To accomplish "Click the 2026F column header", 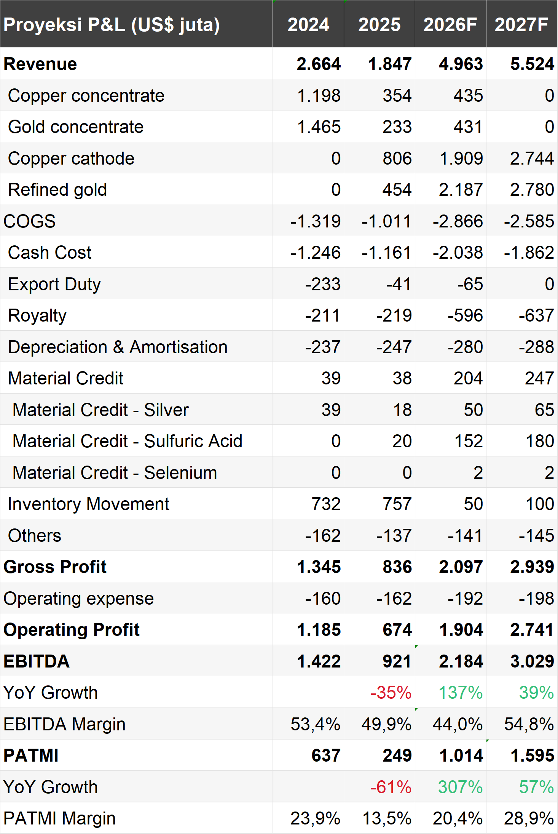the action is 450,25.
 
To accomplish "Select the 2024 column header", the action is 308,25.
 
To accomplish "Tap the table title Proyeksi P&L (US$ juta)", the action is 112,25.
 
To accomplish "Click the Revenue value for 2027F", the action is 532,64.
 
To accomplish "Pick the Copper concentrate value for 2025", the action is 397,96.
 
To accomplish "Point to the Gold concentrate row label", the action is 76,127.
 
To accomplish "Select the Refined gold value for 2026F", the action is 461,190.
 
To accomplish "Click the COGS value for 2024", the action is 316,221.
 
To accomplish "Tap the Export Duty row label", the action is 54,285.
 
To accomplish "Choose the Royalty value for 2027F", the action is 537,315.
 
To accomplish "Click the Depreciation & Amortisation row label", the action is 118,347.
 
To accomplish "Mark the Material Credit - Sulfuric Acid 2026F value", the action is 469,441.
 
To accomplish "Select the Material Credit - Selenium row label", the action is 115,473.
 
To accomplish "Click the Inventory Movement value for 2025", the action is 397,504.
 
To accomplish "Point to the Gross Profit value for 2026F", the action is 461,567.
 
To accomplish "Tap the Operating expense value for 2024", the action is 323,599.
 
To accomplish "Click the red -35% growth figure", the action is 391,693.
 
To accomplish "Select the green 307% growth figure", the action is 461,787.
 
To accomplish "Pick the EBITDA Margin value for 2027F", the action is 529,724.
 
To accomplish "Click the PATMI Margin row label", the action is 60,818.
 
